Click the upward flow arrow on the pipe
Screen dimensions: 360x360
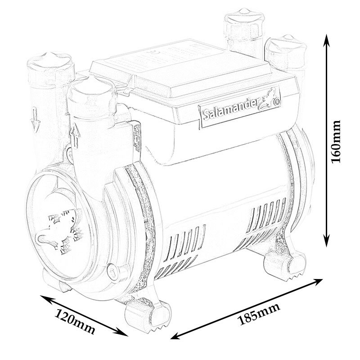[x=74, y=135]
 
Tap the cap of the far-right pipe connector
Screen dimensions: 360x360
[x=286, y=45]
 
